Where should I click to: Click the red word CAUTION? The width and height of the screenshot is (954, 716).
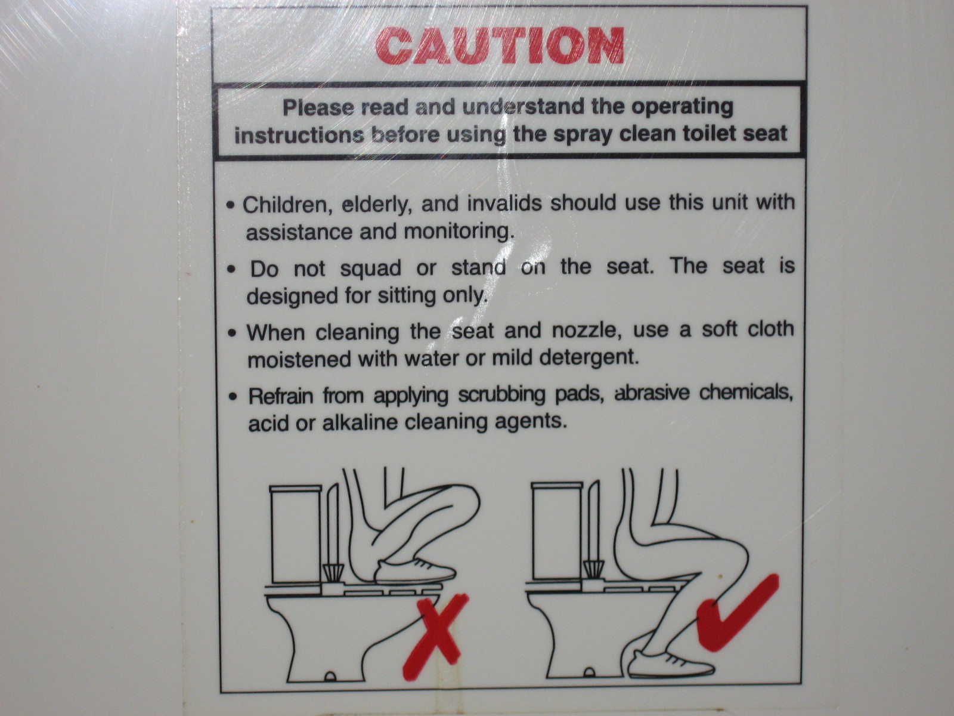tap(500, 46)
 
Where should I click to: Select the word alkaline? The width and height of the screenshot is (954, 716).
tap(360, 422)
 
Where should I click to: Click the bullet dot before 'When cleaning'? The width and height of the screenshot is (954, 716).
tap(234, 334)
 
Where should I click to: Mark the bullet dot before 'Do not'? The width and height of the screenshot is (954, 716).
tap(233, 270)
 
